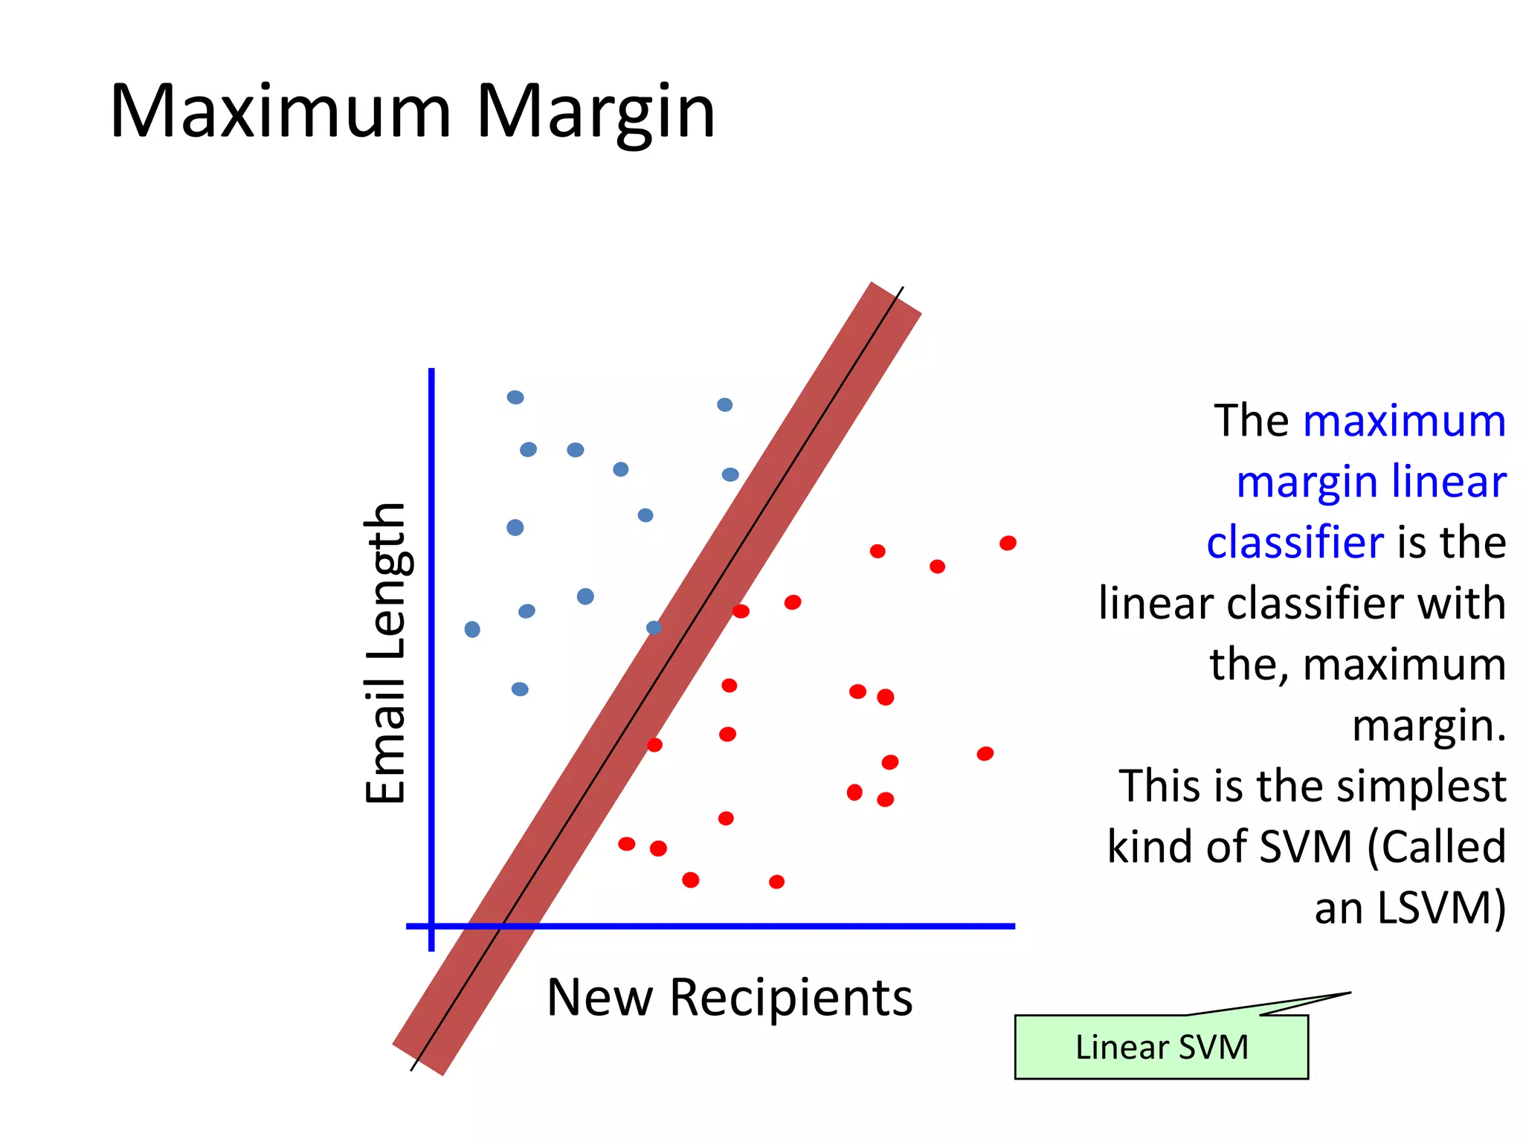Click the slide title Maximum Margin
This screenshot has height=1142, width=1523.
click(x=412, y=112)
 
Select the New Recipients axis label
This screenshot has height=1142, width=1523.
click(x=729, y=997)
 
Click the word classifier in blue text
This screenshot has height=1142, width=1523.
click(x=1295, y=542)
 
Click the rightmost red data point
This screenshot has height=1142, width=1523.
click(x=1008, y=543)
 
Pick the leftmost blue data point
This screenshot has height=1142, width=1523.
click(x=472, y=630)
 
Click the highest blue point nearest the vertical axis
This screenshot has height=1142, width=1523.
click(x=515, y=398)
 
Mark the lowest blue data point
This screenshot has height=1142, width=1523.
click(x=520, y=689)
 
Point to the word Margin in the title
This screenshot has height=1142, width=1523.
click(x=595, y=112)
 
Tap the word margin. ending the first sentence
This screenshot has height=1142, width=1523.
click(x=1429, y=726)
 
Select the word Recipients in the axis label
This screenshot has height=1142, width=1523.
click(x=791, y=997)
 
